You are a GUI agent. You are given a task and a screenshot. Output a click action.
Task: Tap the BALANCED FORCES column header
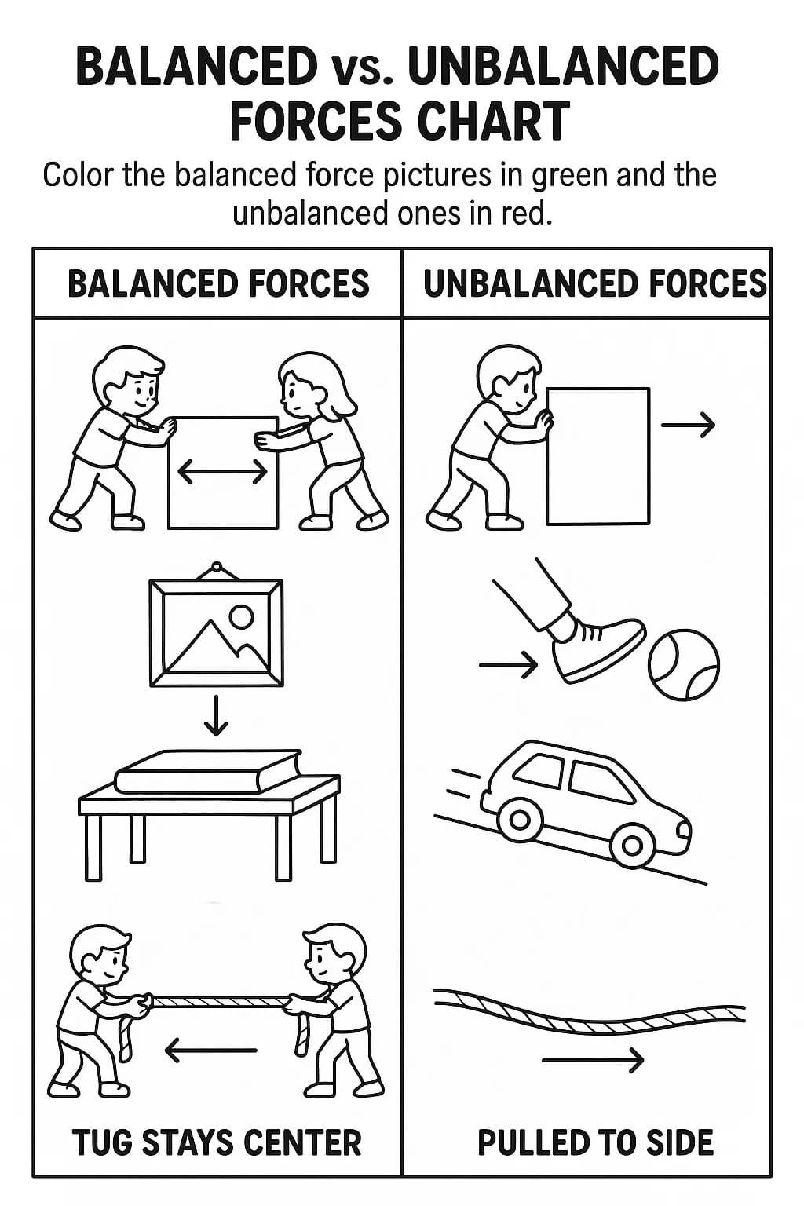pos(218,283)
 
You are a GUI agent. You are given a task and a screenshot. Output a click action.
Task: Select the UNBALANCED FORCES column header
pos(595,283)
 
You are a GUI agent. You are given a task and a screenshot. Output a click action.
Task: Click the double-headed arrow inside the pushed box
pos(222,473)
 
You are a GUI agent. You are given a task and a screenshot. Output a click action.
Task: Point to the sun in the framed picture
pos(241,616)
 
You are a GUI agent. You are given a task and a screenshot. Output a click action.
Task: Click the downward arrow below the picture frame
pos(216,715)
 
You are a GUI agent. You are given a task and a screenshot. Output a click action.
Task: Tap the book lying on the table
pos(207,772)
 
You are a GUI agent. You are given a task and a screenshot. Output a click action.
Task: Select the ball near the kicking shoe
pos(683,665)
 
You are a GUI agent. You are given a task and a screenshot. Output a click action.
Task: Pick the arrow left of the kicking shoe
pos(508,666)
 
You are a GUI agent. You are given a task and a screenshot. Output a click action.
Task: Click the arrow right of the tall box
pos(688,426)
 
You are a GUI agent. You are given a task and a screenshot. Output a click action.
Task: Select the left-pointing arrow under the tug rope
pos(211,1050)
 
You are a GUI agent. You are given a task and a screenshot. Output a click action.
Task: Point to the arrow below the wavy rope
pos(593,1060)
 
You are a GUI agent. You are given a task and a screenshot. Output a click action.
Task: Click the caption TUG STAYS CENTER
pos(217,1142)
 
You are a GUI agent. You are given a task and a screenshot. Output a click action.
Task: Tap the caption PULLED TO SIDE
pos(596,1142)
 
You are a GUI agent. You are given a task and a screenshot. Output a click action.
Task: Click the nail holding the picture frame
pos(217,566)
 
